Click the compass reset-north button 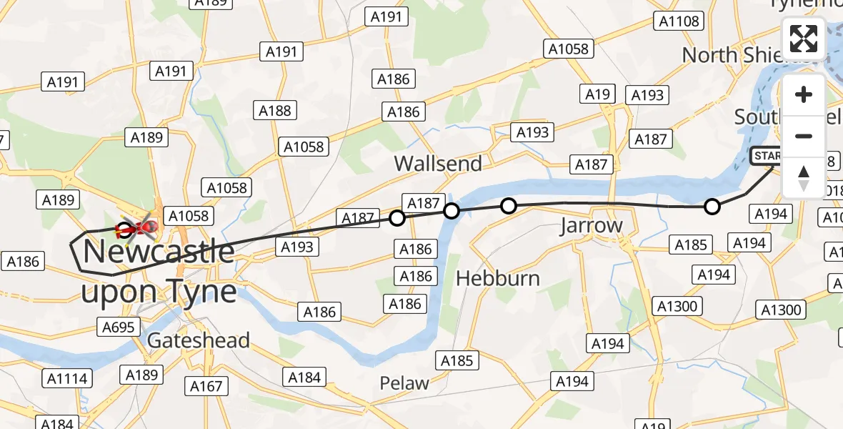[x=804, y=178]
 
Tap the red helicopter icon [x=141, y=227]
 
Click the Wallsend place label [x=438, y=164]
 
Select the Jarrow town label [x=591, y=226]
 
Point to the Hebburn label [x=498, y=278]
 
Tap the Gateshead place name [x=198, y=340]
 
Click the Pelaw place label [x=405, y=383]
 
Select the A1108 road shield [x=679, y=21]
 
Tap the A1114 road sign [x=66, y=378]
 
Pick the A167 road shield [x=206, y=386]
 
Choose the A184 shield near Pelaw [x=305, y=377]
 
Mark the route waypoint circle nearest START [x=712, y=207]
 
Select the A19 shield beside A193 [x=597, y=94]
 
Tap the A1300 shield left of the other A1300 [x=677, y=307]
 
